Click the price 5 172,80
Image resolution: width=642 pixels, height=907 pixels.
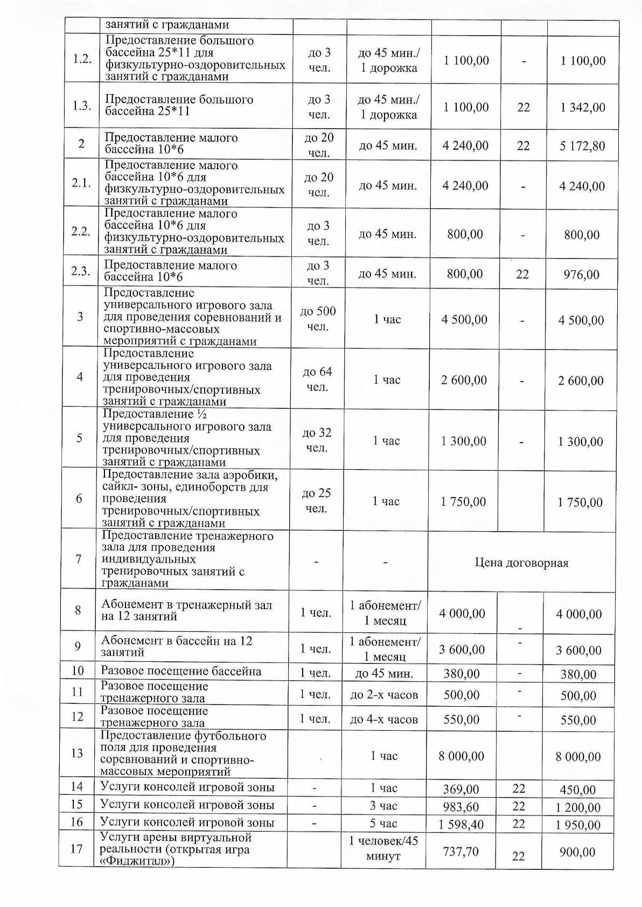pyautogui.click(x=582, y=146)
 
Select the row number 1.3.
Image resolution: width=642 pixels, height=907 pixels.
pyautogui.click(x=81, y=106)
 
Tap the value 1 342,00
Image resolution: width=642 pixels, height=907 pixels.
pyautogui.click(x=582, y=107)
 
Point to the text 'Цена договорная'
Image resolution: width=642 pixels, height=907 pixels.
pyautogui.click(x=521, y=563)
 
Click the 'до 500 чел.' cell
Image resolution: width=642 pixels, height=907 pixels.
pyautogui.click(x=318, y=319)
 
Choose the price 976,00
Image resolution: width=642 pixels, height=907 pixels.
pyautogui.click(x=582, y=274)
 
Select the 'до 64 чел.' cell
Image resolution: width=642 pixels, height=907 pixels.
pyautogui.click(x=317, y=379)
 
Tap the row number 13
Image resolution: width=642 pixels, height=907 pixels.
pyautogui.click(x=78, y=752)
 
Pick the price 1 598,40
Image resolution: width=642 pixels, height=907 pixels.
pyautogui.click(x=461, y=824)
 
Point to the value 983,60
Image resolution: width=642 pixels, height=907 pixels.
pyautogui.click(x=461, y=807)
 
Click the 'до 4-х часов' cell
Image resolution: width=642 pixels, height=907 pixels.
pyautogui.click(x=384, y=720)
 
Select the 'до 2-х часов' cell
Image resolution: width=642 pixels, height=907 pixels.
pyautogui.click(x=384, y=695)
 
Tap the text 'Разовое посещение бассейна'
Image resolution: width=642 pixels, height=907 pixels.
pyautogui.click(x=181, y=671)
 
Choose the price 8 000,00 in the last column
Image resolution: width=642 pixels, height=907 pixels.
pyautogui.click(x=578, y=756)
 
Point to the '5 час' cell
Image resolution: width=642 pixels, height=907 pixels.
pyautogui.click(x=383, y=824)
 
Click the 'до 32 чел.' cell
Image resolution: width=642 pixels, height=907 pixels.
pyautogui.click(x=317, y=440)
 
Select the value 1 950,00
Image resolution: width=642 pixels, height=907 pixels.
pyautogui.click(x=578, y=825)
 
